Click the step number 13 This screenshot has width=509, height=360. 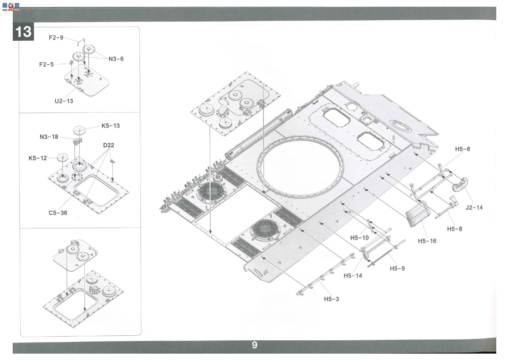click(x=23, y=31)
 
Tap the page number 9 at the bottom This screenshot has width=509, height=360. click(x=254, y=345)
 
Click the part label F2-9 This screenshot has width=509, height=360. click(x=56, y=38)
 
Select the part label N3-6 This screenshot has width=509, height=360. click(x=116, y=59)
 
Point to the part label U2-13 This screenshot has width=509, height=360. click(x=64, y=101)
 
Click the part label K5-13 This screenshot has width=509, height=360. click(x=111, y=126)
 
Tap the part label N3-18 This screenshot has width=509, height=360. click(x=49, y=137)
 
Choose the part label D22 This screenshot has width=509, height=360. click(x=109, y=145)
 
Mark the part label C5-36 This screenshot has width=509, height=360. click(x=58, y=213)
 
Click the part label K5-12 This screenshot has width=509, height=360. click(x=38, y=158)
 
